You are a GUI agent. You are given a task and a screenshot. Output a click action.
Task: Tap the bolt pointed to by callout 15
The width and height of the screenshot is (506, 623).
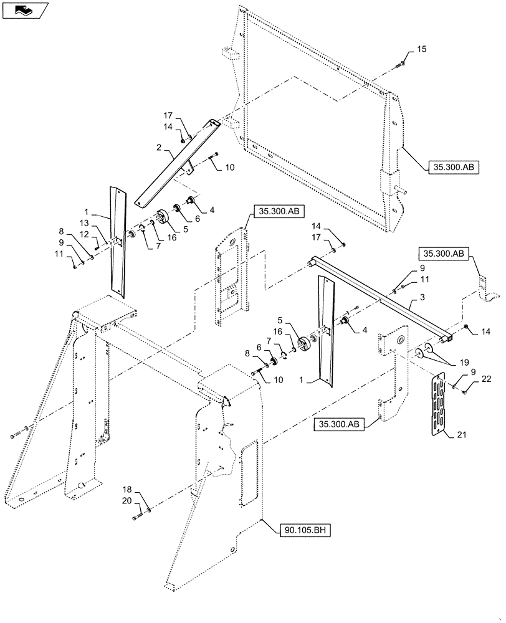[401, 63]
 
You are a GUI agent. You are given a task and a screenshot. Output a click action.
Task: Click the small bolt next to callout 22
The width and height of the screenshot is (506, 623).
[466, 390]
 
